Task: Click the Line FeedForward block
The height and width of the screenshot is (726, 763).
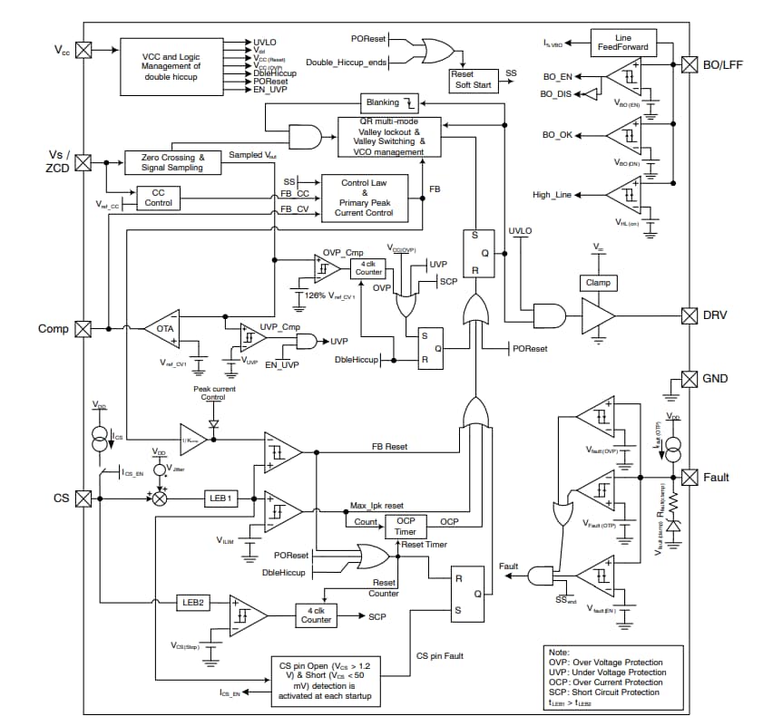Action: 623,42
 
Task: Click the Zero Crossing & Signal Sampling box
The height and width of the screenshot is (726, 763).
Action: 172,162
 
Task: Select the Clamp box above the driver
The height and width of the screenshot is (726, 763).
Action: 599,282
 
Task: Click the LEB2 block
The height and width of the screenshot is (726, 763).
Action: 191,601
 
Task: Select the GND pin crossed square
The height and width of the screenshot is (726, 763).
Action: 690,378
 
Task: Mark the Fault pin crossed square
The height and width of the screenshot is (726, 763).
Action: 690,477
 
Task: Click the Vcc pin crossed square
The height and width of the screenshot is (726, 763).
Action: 83,51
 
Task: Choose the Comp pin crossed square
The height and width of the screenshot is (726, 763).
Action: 83,328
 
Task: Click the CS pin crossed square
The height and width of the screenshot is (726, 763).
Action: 83,498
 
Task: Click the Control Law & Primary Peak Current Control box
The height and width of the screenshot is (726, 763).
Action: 367,198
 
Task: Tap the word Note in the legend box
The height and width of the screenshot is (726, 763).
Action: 560,652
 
